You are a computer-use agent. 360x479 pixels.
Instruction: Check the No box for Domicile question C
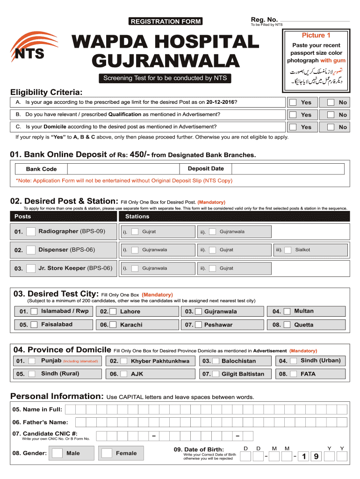pos(331,127)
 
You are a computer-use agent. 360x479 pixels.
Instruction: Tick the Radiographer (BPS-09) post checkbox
pos(31,232)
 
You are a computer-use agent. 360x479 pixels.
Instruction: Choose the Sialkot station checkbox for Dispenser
pos(288,250)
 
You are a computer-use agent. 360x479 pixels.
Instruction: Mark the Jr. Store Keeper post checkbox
pos(31,269)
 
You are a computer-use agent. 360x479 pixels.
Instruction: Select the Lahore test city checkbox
pos(114,312)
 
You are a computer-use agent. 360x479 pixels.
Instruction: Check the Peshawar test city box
pos(198,325)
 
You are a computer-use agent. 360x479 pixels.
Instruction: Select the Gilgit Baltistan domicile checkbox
pos(215,374)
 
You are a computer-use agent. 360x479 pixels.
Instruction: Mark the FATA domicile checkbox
pos(293,374)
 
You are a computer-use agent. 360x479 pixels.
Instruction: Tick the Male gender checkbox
pos(58,453)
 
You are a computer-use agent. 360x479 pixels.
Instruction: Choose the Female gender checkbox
pos(107,453)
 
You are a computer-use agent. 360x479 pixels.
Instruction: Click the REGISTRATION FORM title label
pos(166,21)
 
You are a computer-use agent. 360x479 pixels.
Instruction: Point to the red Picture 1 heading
pos(316,36)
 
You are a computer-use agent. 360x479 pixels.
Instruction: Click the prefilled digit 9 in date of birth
pos(317,457)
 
